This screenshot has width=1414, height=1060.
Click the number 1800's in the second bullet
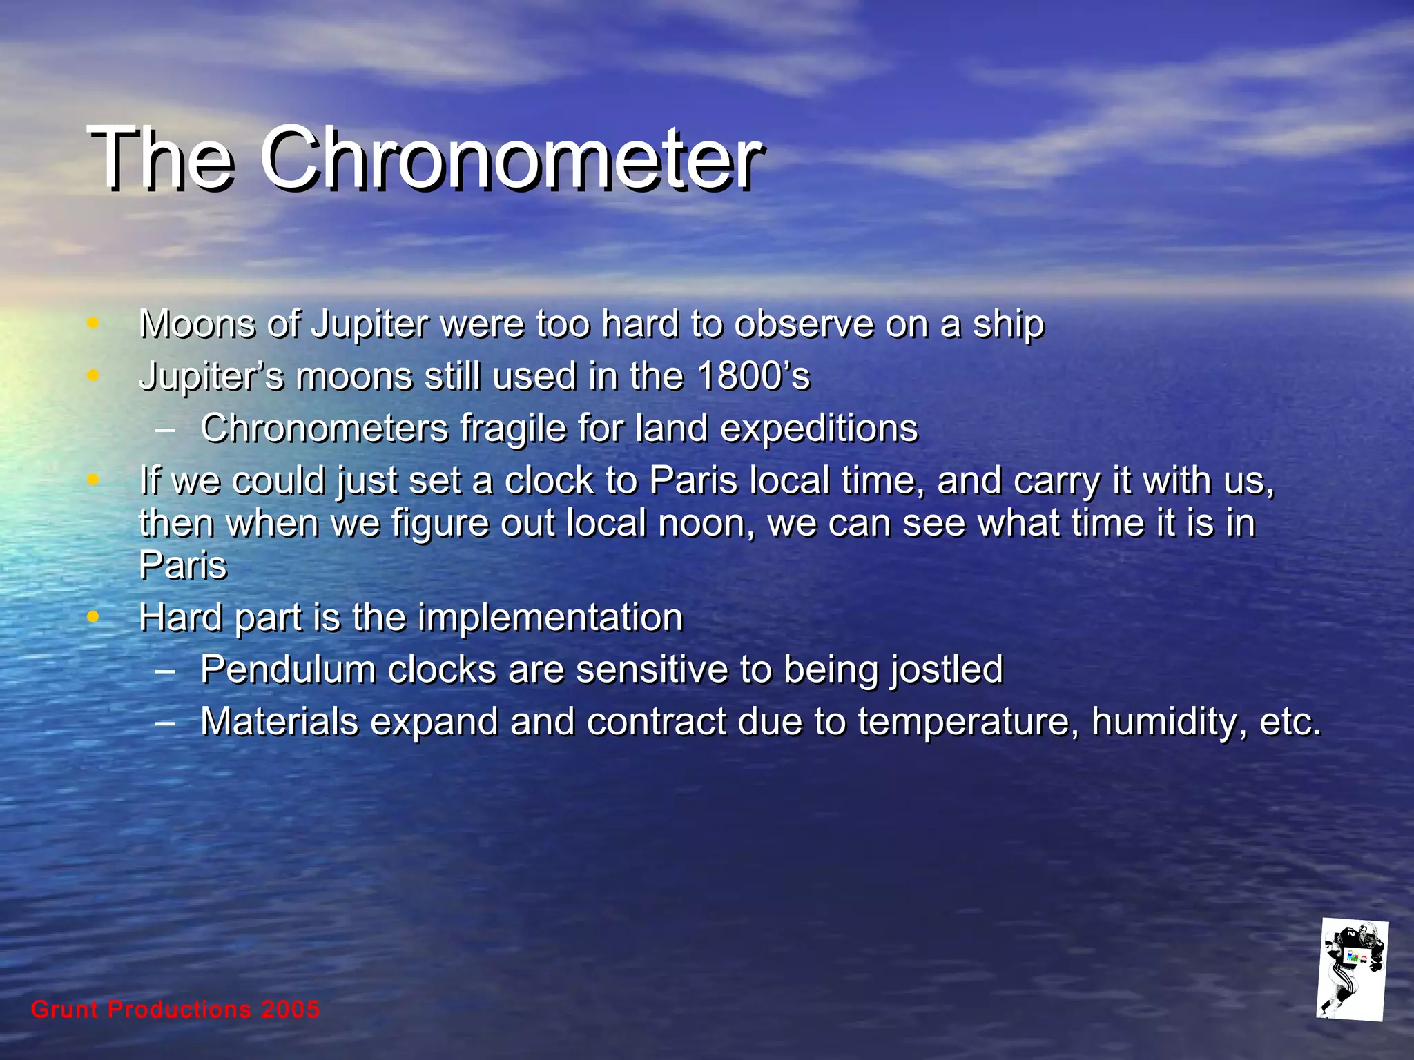(x=753, y=377)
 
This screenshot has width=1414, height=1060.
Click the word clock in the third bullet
(x=549, y=481)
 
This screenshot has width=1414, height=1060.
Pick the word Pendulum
(x=287, y=669)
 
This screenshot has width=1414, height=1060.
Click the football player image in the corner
(x=1352, y=970)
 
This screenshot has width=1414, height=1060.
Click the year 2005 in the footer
(x=291, y=1010)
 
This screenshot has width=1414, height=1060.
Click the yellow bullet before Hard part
(x=93, y=616)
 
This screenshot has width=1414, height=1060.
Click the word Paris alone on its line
(x=183, y=566)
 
